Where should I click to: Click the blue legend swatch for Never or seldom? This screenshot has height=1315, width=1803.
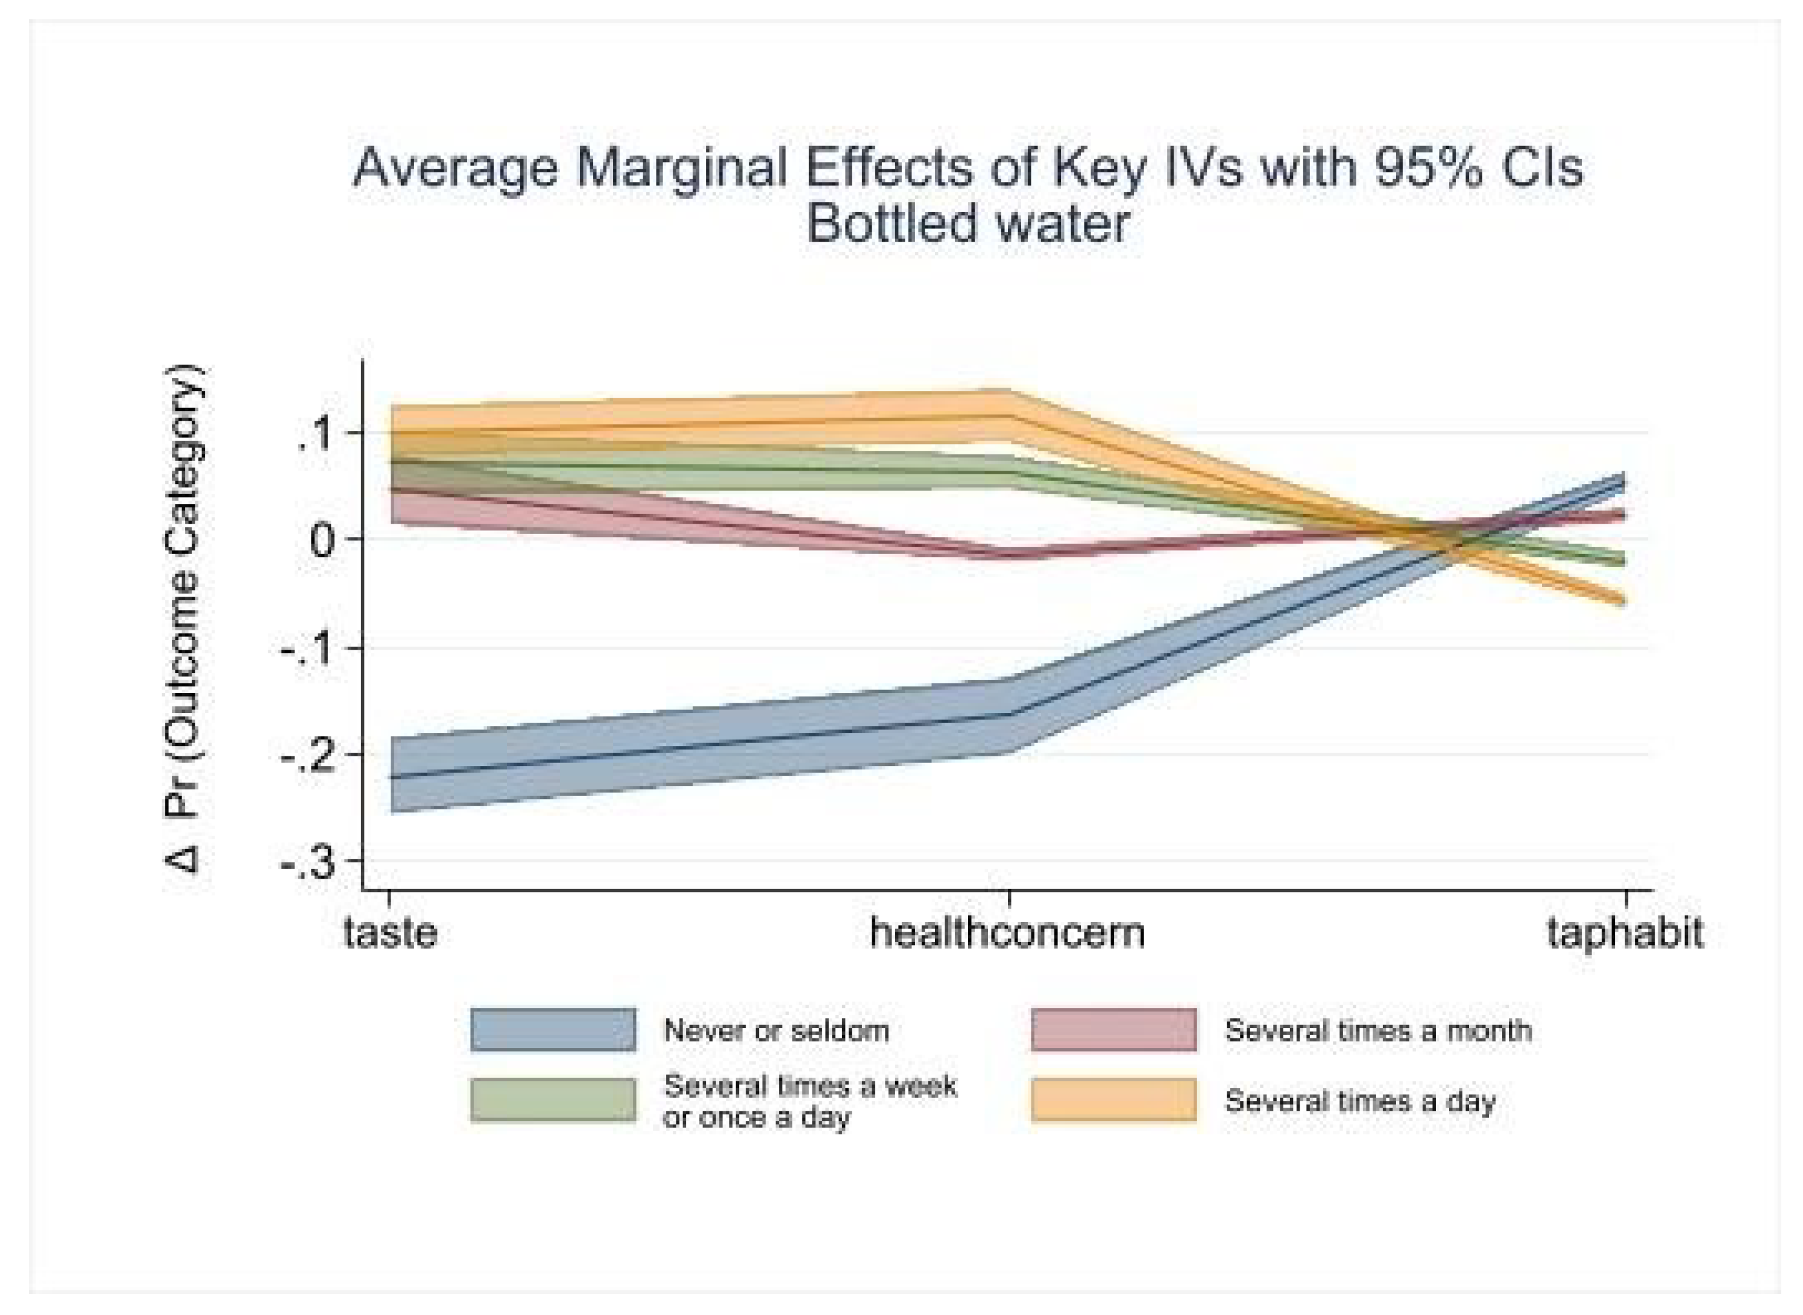(x=553, y=1030)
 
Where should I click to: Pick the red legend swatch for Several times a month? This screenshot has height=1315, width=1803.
(x=1113, y=1030)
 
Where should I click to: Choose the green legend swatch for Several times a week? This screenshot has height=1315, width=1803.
(x=553, y=1100)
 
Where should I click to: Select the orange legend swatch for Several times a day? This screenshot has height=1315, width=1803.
(x=1113, y=1100)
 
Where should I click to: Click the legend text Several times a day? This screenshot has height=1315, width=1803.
(x=1359, y=1101)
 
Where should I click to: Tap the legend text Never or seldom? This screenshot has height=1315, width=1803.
(x=776, y=1031)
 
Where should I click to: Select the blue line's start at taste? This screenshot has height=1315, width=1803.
(x=390, y=777)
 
